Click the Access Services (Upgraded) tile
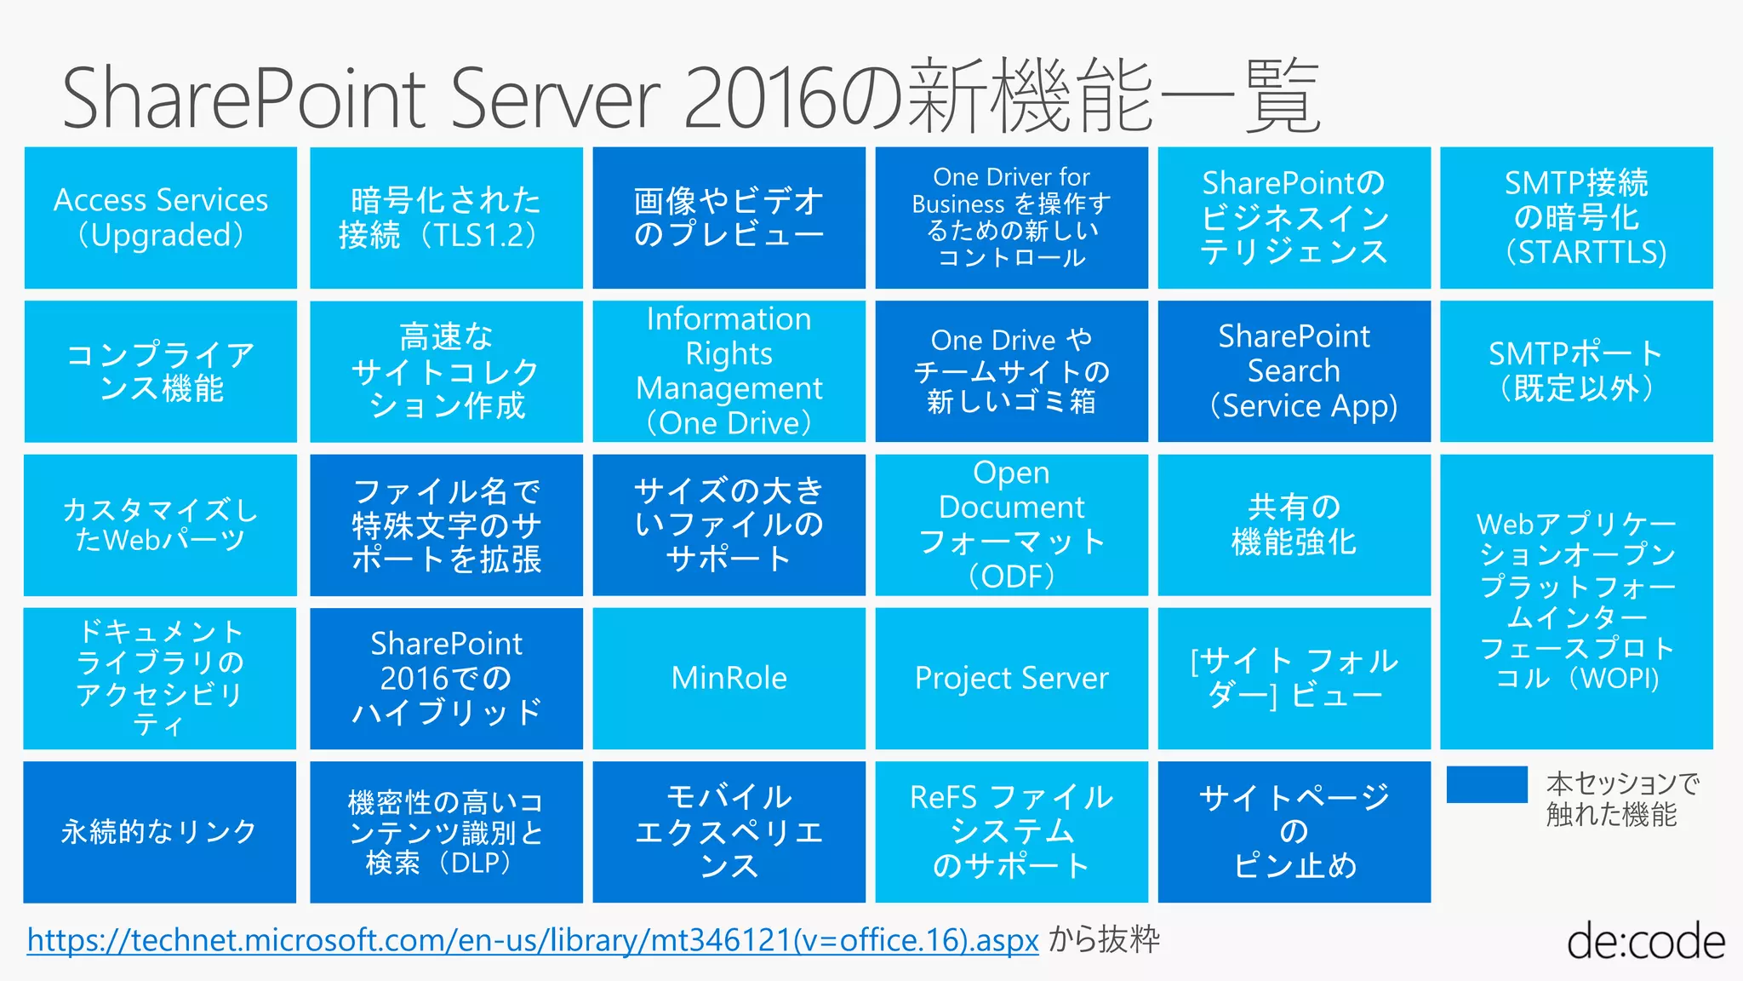pyautogui.click(x=160, y=218)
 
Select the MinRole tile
pyautogui.click(x=729, y=678)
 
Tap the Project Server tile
pyautogui.click(x=1011, y=678)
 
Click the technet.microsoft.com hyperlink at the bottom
pyautogui.click(x=533, y=940)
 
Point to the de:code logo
pyautogui.click(x=1645, y=942)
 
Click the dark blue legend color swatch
pyautogui.click(x=1486, y=784)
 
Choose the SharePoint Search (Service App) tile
pyautogui.click(x=1294, y=371)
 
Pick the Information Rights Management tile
pyautogui.click(x=729, y=371)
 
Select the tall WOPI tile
pyautogui.click(x=1576, y=601)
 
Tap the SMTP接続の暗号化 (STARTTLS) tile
pyautogui.click(x=1576, y=218)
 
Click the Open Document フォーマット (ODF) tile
pyautogui.click(x=1011, y=525)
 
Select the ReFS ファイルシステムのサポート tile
pyautogui.click(x=1011, y=831)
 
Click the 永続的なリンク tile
pyautogui.click(x=160, y=831)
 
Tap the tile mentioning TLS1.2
pyautogui.click(x=446, y=218)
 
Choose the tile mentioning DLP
pyautogui.click(x=446, y=831)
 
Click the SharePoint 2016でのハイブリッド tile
pyautogui.click(x=446, y=678)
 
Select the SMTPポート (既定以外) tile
pyautogui.click(x=1576, y=371)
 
